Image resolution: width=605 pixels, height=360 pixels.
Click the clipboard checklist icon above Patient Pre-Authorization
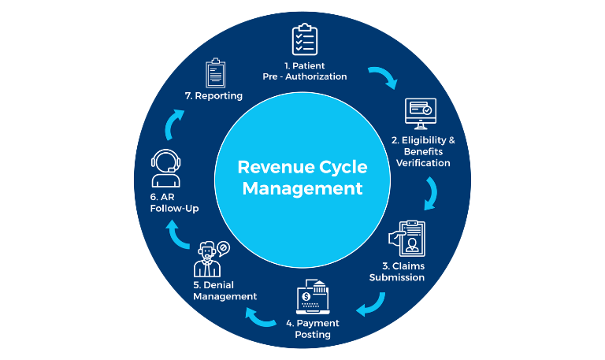coord(305,39)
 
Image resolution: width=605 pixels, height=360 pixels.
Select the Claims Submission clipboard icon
coord(407,238)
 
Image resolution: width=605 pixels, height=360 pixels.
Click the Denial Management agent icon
coord(209,258)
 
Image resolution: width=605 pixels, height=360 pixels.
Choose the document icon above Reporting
coord(217,72)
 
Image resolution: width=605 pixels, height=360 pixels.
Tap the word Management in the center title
coord(302,189)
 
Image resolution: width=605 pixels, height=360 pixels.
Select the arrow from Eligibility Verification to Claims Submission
coord(431,192)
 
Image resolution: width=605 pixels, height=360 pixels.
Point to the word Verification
coord(423,163)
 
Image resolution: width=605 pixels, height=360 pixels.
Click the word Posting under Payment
coord(314,335)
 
